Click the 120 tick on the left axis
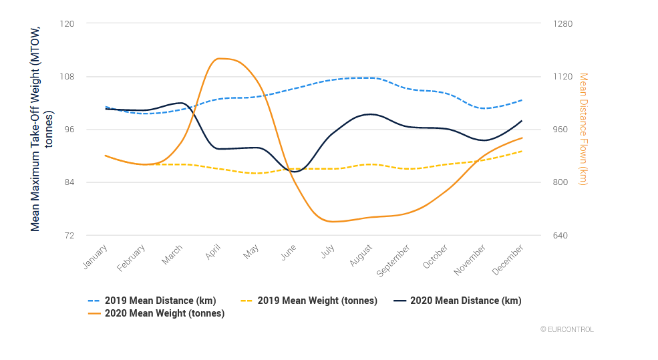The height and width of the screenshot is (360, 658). (67, 23)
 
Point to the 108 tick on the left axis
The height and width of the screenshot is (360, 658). (67, 76)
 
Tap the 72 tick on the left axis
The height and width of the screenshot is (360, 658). (68, 235)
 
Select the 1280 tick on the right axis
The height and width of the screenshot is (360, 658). (563, 23)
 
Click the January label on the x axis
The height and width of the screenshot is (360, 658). (95, 256)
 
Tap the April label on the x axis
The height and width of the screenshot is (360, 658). (213, 253)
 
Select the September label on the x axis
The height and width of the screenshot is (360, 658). (393, 261)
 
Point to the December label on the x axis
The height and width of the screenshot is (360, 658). (508, 260)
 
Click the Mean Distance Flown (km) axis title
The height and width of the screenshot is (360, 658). (583, 129)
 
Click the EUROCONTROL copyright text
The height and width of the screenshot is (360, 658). (566, 329)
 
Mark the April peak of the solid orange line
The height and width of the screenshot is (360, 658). (218, 59)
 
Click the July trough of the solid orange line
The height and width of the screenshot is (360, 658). (332, 222)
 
